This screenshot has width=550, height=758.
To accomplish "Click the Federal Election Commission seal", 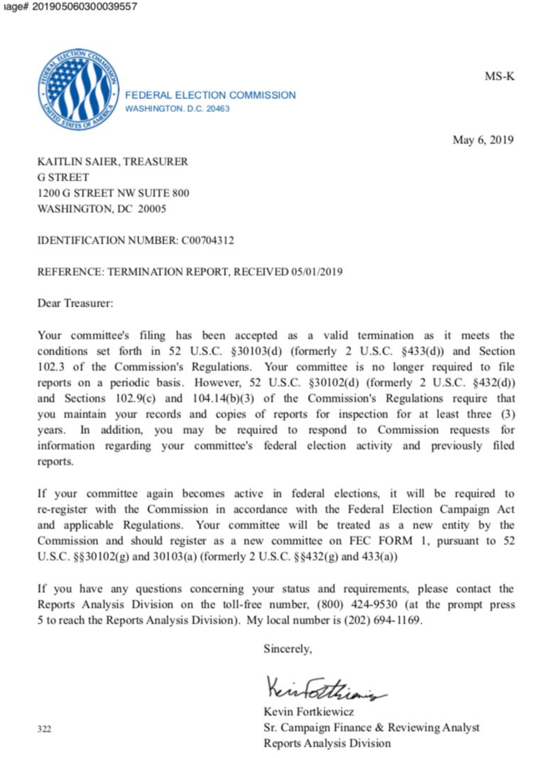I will (x=78, y=90).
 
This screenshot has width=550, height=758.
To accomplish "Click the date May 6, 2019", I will (x=483, y=140).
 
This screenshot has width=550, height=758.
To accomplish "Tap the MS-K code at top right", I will (x=499, y=76).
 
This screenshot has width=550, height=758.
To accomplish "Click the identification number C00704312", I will (x=207, y=240).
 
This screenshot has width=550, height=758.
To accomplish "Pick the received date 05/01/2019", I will (x=317, y=272).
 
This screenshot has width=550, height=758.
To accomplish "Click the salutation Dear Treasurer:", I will (x=75, y=303).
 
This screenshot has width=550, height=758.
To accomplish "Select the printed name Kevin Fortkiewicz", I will (x=309, y=712).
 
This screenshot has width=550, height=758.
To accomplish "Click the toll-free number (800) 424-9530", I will (x=357, y=604).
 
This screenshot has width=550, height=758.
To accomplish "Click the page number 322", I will (x=44, y=729).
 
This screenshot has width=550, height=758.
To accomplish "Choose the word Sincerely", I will (x=287, y=648).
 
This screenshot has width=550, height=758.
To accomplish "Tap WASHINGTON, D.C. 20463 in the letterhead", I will (x=177, y=109).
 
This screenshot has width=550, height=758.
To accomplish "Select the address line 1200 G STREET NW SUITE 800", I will (x=113, y=193).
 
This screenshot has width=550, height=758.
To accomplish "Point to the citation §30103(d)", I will (x=256, y=351).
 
